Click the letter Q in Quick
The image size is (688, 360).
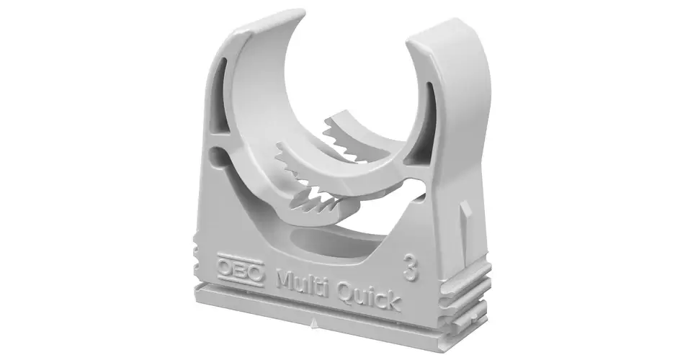pyautogui.click(x=345, y=291)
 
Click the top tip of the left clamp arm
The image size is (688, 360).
pyautogui.click(x=299, y=12)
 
